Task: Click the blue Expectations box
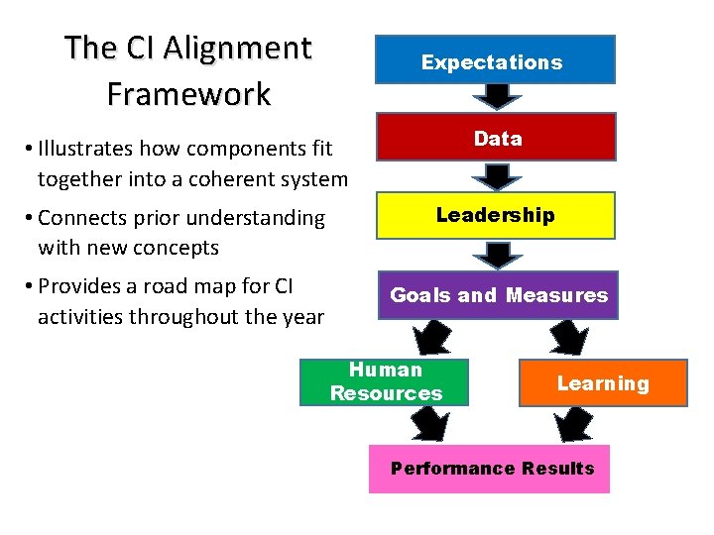[495, 59]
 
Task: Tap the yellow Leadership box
[495, 215]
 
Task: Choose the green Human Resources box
[385, 381]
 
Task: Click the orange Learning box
[602, 383]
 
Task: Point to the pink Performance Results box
[490, 469]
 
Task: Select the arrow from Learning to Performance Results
[573, 424]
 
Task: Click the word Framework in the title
[188, 94]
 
